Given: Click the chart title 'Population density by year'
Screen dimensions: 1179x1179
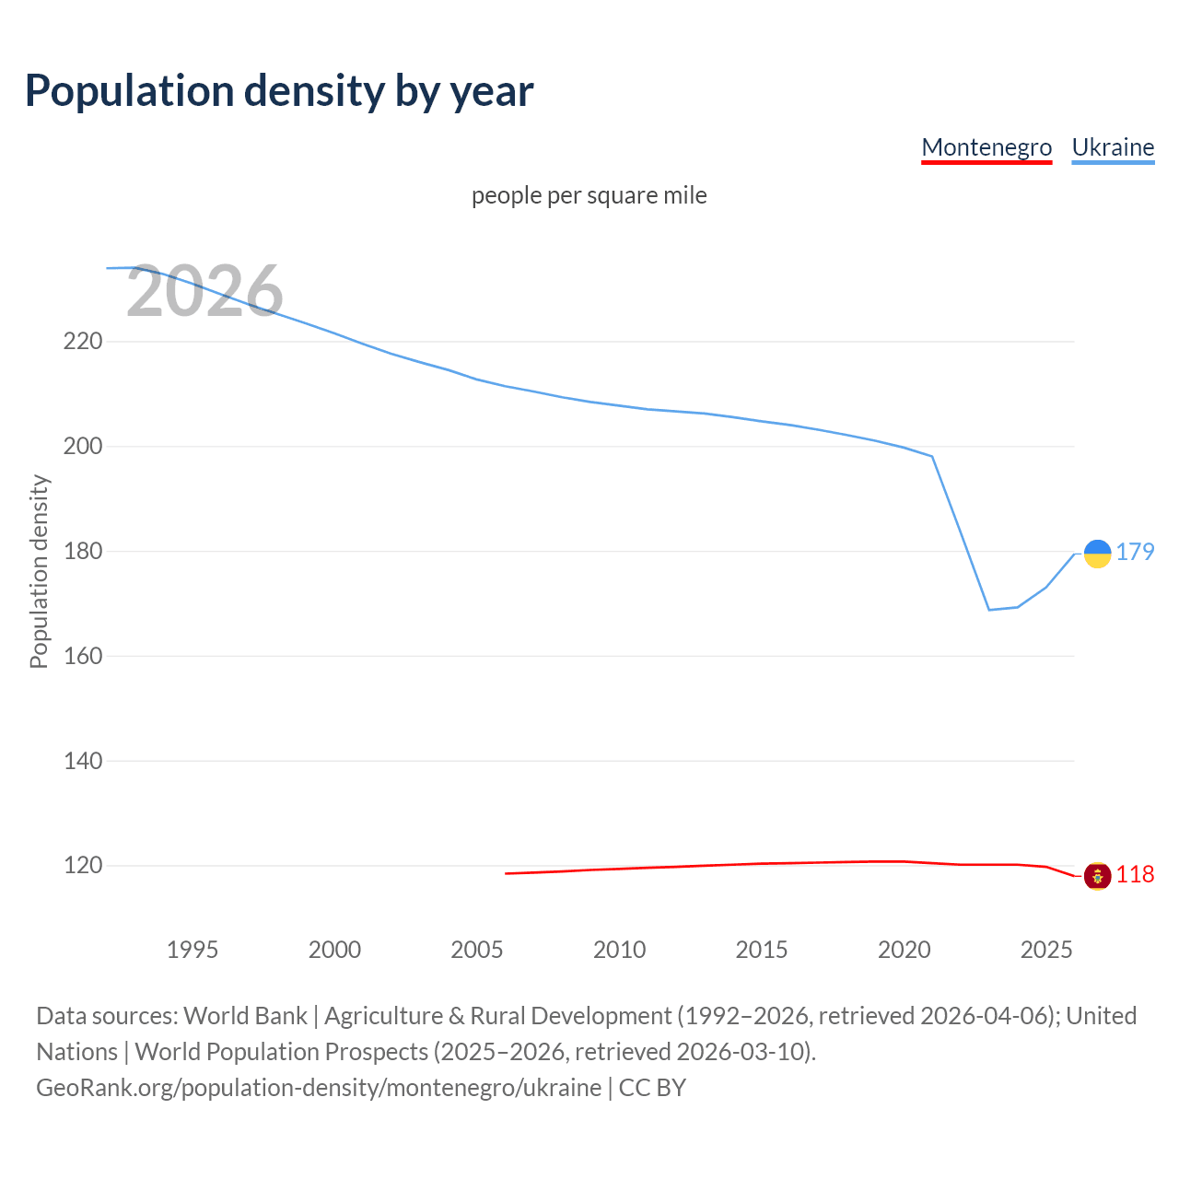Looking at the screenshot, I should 279,90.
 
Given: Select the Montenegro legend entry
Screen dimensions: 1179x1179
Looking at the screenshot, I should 986,147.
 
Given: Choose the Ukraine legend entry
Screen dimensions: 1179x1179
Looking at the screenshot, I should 1113,147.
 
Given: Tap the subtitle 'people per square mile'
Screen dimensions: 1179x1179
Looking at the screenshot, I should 589,195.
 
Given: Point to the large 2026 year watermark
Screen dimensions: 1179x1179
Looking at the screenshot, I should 204,292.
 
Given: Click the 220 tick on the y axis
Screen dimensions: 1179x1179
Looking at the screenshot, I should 83,342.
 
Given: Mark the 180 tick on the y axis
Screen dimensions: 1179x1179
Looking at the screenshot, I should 83,552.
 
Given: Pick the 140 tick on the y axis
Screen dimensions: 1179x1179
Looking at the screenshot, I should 83,761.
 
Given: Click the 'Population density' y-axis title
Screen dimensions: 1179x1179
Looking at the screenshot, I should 39,571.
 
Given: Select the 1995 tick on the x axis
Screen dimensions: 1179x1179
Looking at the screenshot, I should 193,950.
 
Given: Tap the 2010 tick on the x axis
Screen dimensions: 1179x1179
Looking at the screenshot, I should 619,950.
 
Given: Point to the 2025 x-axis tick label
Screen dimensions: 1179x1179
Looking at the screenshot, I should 1046,950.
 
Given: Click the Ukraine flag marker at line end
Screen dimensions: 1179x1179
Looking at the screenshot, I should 1097,554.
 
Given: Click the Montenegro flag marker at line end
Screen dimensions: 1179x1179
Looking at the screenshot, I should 1097,876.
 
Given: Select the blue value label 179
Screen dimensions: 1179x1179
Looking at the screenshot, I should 1135,552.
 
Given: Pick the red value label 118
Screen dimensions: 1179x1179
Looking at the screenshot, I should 1135,874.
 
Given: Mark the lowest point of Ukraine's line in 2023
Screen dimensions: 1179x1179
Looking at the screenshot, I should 989,610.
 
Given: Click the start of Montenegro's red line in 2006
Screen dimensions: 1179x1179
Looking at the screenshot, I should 507,873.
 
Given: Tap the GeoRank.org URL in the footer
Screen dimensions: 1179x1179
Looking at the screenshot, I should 319,1088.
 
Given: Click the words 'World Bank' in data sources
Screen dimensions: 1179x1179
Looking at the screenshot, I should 245,1016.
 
